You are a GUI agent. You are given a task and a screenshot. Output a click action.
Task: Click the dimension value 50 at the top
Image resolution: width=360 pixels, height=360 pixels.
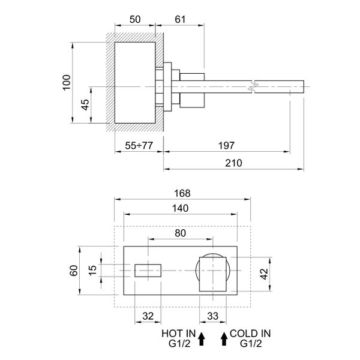tap(135, 19)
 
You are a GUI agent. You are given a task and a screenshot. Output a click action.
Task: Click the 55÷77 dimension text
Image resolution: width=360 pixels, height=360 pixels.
tap(139, 146)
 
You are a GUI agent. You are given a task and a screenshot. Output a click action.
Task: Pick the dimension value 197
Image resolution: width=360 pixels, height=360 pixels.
tap(226, 146)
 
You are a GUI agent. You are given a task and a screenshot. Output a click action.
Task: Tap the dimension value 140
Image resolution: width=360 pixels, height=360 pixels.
tap(180, 208)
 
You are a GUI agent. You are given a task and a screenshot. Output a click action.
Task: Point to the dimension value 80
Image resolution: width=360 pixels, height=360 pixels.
tap(180, 232)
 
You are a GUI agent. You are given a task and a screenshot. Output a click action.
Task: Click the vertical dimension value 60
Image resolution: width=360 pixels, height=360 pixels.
tap(74, 271)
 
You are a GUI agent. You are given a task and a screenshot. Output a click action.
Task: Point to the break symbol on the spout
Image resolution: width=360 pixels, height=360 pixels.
tap(254, 87)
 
